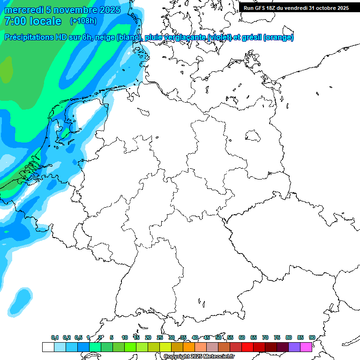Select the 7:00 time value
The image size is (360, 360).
tap(15, 21)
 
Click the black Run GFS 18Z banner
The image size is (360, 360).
tap(296, 8)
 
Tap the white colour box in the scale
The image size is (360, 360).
tap(48, 347)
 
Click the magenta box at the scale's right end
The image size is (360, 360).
tap(306, 347)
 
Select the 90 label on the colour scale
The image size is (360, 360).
tap(312, 337)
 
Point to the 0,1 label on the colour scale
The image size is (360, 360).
tap(54, 337)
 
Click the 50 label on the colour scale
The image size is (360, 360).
tap(218, 337)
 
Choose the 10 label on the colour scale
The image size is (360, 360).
tap(125, 337)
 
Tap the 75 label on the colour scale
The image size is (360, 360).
tap(277, 337)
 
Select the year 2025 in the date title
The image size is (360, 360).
tap(109, 10)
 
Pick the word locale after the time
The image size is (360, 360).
tap(45, 21)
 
